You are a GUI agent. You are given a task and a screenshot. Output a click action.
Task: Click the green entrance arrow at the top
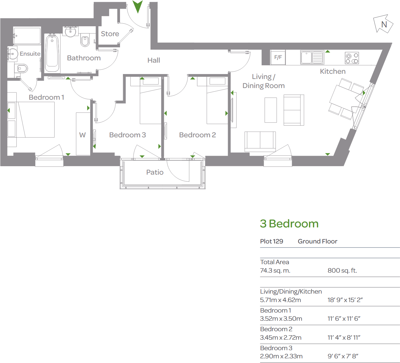point(138,6)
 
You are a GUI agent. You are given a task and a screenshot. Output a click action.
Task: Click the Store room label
point(110,34)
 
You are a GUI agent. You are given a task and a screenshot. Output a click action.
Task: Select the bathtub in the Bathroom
point(52,53)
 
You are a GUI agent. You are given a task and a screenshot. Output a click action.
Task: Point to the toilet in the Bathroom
point(85,41)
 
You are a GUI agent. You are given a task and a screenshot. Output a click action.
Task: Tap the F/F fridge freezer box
point(278,57)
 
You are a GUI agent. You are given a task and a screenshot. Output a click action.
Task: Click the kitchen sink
point(312,57)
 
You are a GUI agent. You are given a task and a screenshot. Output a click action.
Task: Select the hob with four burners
point(352,58)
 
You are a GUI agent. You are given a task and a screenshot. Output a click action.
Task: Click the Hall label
point(154,60)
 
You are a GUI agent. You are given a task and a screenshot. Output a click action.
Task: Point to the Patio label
point(155,172)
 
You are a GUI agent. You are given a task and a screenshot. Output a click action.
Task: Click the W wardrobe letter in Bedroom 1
point(82,135)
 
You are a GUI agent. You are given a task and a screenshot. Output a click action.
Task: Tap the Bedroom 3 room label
point(127,135)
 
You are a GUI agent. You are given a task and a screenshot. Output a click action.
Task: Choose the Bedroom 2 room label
point(197,135)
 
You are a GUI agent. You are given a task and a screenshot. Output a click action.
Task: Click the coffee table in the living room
point(270,110)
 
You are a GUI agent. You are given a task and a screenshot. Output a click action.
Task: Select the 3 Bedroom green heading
point(289,224)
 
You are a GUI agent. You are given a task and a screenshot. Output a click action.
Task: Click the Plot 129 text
point(272,241)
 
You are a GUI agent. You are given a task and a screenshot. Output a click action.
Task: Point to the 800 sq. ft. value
point(342,271)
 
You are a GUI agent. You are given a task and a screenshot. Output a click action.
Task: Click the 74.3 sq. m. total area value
point(275,271)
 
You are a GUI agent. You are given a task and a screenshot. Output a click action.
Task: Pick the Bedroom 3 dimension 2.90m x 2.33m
point(281,356)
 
